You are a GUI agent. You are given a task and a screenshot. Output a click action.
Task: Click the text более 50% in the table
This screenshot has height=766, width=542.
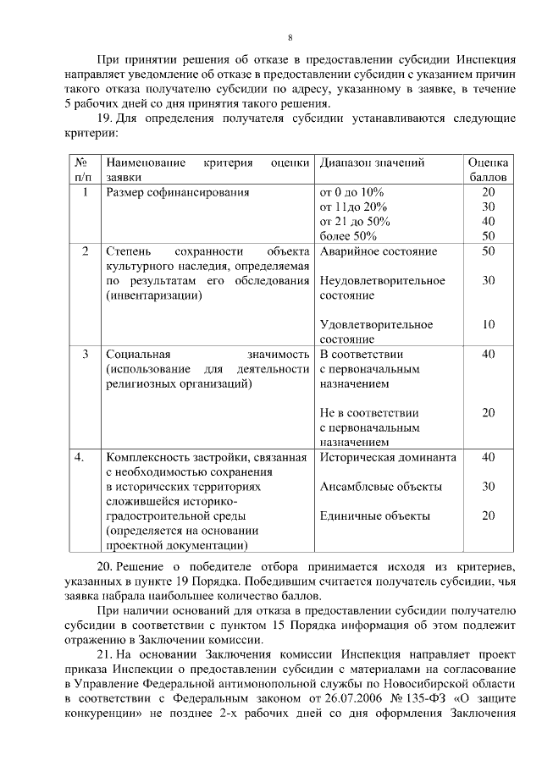tap(348, 236)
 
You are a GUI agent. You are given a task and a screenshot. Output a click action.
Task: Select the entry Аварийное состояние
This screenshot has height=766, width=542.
tap(379, 251)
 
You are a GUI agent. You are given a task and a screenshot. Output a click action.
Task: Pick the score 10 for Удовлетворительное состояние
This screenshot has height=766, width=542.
tap(488, 324)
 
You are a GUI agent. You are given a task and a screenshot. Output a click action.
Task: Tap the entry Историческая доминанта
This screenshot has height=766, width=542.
tap(388, 457)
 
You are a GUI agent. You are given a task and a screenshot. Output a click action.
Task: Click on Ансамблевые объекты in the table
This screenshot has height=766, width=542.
tap(380, 487)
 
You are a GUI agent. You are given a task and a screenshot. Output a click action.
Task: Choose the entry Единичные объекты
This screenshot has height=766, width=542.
tap(374, 515)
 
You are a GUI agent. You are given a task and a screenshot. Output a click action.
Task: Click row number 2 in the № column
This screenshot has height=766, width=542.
tap(85, 251)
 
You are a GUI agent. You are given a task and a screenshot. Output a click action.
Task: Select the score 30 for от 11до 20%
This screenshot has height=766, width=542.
tap(488, 207)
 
